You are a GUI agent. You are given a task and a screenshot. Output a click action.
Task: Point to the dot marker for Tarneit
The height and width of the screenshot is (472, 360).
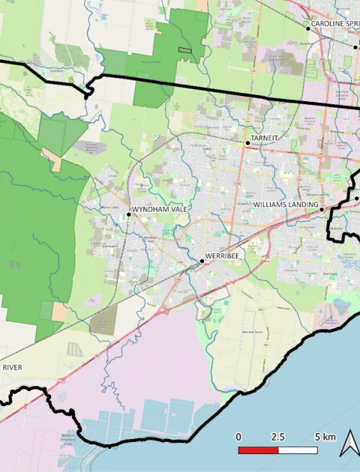(x=247, y=142)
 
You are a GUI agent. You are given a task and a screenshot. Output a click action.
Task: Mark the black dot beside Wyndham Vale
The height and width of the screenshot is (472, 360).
(x=129, y=214)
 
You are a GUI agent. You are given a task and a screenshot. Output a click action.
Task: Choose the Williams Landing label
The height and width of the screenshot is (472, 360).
(x=286, y=205)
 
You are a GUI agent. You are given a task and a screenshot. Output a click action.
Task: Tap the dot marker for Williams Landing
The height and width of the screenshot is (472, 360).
(x=322, y=210)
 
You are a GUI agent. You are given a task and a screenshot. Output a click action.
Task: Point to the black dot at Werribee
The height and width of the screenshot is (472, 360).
(x=202, y=261)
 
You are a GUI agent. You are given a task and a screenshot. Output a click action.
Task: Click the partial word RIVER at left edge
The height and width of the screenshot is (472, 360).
(x=11, y=367)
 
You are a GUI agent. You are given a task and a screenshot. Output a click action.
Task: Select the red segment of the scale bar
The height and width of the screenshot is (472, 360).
(x=258, y=450)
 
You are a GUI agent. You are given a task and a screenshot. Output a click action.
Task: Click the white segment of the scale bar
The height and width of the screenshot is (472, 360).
(x=297, y=450)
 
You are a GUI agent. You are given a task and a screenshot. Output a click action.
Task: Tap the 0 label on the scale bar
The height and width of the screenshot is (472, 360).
(x=238, y=436)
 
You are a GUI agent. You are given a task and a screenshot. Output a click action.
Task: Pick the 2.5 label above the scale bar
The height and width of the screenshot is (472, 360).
(x=277, y=436)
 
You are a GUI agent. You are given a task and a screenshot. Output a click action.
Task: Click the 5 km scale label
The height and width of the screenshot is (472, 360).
(x=325, y=436)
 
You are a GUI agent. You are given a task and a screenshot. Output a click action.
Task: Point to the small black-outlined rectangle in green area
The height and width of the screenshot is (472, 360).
(x=184, y=49)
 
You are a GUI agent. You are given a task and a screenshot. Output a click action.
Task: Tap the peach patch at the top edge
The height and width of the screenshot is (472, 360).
(x=202, y=5)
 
